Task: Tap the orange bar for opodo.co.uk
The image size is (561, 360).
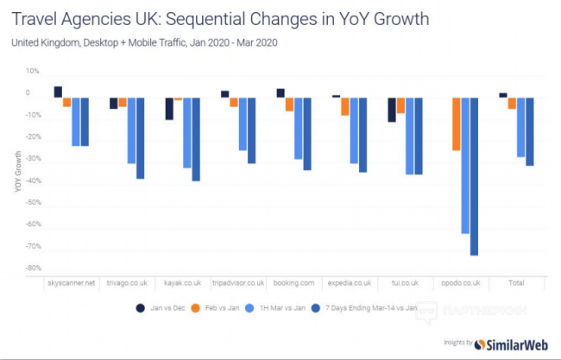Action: (456, 124)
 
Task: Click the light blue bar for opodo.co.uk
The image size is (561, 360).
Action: (465, 165)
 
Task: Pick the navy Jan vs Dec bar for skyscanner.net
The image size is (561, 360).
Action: (58, 92)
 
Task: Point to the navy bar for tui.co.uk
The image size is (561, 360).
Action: (392, 110)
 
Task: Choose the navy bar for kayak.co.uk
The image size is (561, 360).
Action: (169, 108)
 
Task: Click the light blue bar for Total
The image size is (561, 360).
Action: (520, 127)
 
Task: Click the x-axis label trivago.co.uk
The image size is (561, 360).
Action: (127, 282)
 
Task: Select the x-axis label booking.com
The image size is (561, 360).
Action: (294, 282)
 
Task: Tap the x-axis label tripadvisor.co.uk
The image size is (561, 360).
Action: (238, 282)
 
